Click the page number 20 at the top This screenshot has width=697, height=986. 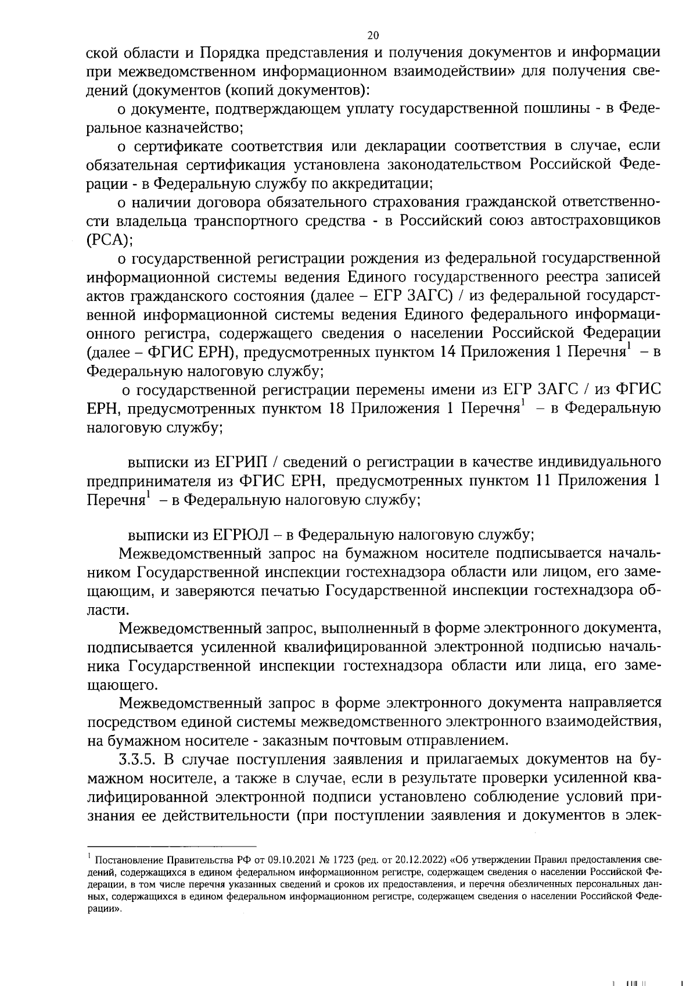click(373, 35)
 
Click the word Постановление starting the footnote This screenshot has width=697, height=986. click(125, 860)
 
